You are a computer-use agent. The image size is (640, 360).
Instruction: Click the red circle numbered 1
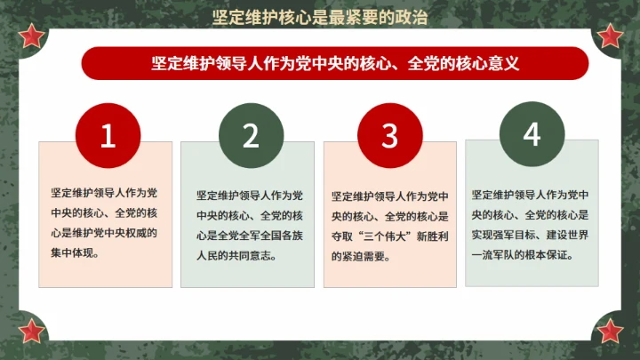tap(108, 135)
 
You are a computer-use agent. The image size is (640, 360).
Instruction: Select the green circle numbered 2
tap(250, 135)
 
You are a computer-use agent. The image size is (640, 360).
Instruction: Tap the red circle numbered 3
tap(389, 135)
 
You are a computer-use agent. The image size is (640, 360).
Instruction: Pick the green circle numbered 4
tap(532, 135)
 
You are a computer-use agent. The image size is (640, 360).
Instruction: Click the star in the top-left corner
tap(31, 36)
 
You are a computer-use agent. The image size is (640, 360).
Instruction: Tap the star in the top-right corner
tap(610, 36)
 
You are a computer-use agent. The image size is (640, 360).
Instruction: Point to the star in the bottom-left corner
tap(31, 331)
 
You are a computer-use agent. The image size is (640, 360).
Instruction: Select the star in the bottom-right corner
tap(610, 331)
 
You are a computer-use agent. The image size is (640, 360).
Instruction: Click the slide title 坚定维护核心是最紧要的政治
tap(320, 17)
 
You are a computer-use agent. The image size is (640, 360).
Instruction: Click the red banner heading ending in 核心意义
tap(334, 63)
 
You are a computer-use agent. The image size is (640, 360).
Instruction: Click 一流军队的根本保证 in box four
tap(528, 254)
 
